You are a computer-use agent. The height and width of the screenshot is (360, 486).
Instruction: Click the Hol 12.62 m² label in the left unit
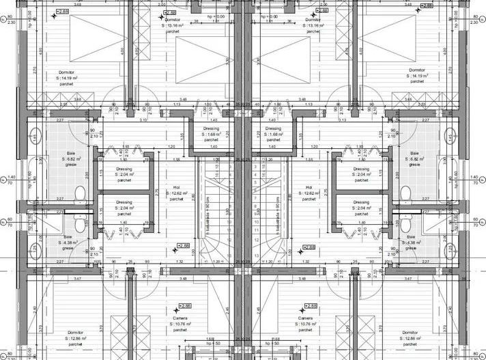point(175,193)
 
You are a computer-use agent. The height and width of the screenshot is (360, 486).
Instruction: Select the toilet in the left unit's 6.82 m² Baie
point(80,192)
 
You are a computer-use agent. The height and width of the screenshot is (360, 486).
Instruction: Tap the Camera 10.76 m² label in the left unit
point(180,324)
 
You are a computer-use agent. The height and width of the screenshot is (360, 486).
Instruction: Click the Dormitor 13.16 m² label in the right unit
point(313,25)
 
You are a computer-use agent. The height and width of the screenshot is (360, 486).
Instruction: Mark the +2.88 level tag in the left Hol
point(182,246)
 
